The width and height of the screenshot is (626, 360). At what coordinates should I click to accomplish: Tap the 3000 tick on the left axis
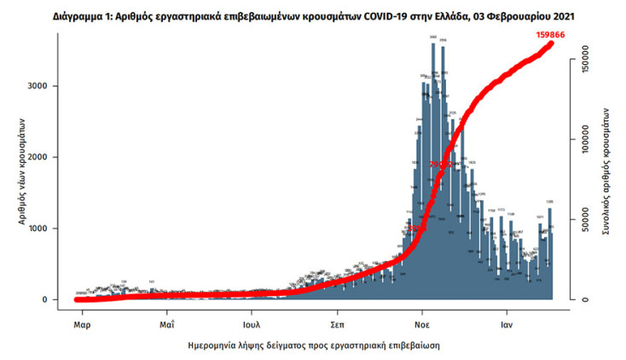pos(48,86)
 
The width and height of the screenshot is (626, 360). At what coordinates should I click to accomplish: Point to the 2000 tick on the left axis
pos(48,157)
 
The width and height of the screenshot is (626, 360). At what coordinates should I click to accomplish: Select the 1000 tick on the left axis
pos(48,229)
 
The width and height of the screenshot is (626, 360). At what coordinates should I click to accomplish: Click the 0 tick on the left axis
pos(55,299)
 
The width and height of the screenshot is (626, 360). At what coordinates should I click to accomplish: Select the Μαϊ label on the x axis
pos(167,325)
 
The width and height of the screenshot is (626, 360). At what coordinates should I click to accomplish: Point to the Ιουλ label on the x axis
pos(252,325)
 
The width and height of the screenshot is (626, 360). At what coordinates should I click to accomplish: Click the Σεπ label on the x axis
pos(337,325)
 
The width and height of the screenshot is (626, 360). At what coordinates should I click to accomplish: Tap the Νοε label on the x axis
pos(421,325)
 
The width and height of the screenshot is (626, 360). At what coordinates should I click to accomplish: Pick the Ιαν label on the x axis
pos(506,325)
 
